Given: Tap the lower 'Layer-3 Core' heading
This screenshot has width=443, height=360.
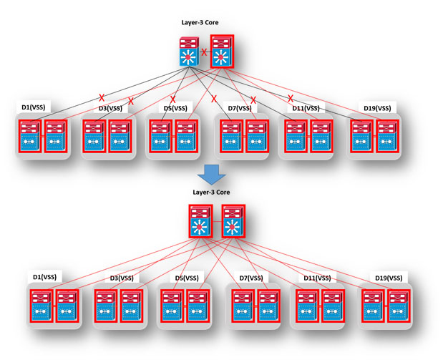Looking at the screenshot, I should click(x=211, y=193).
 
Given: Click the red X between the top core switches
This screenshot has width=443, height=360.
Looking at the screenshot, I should click(x=204, y=52).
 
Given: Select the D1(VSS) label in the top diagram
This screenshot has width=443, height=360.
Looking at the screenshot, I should click(x=35, y=108).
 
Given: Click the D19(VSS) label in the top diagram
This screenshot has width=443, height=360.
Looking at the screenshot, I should click(x=377, y=108).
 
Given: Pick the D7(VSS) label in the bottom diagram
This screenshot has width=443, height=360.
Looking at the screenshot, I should click(x=248, y=278).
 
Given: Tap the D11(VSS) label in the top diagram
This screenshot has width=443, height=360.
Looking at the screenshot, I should click(x=306, y=108).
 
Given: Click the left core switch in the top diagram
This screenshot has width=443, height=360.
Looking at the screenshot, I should click(x=190, y=52).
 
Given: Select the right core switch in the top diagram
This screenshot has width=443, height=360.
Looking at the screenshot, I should click(x=221, y=52).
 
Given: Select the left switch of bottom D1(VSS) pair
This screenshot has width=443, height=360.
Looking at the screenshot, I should click(x=42, y=308).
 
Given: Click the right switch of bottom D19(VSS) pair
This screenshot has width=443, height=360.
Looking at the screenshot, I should click(x=399, y=308).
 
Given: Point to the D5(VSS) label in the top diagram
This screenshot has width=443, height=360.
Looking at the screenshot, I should click(x=175, y=108).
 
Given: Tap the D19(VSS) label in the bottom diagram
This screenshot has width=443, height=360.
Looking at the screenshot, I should click(x=389, y=278).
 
